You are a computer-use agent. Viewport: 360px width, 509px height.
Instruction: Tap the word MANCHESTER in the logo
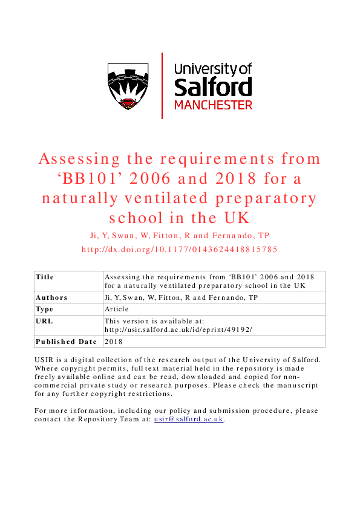(213, 105)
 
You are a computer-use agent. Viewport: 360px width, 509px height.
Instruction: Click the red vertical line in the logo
(162, 85)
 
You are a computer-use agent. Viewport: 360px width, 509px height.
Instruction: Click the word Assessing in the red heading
(77, 159)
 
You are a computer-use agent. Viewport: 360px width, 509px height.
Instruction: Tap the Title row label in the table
(45, 277)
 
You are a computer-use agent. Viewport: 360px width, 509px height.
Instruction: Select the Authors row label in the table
(51, 297)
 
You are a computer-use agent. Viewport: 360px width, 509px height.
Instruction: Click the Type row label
(45, 309)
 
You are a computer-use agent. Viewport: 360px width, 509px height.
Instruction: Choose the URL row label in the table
(44, 320)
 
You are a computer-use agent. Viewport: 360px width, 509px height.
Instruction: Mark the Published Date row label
(66, 342)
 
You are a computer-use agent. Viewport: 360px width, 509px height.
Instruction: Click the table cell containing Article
(117, 309)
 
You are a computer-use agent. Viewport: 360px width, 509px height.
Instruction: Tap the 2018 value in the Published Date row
(114, 342)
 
